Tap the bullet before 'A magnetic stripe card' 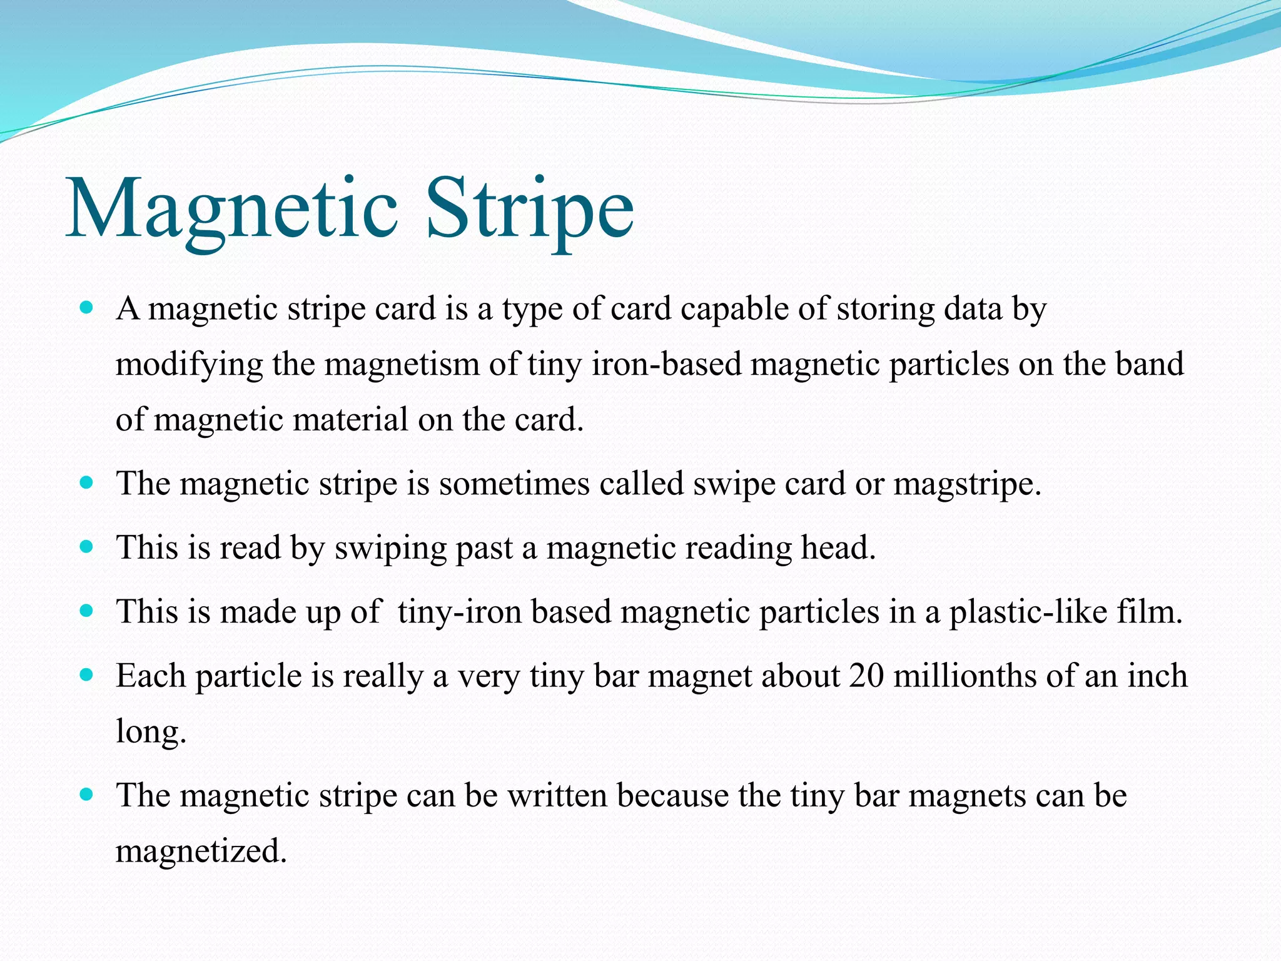coord(87,308)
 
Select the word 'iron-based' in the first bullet coord(666,364)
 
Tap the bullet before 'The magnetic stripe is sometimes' coord(87,483)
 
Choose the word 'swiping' coord(390,548)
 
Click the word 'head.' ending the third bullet coord(839,547)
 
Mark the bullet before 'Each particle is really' coord(87,675)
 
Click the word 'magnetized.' coord(201,851)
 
